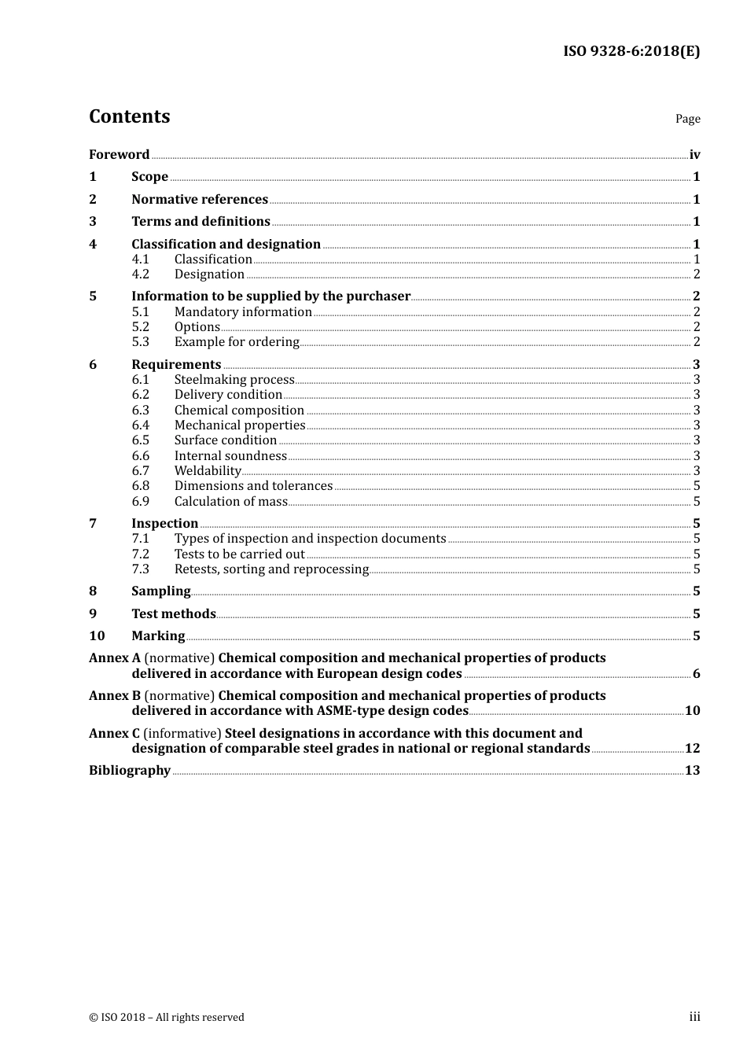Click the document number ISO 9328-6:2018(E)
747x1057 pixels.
pyautogui.click(x=631, y=52)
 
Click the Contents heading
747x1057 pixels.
pyautogui.click(x=130, y=116)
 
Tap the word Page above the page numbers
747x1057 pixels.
pyautogui.click(x=687, y=119)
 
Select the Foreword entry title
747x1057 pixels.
pyautogui.click(x=119, y=155)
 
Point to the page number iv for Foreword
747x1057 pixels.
pyautogui.click(x=694, y=155)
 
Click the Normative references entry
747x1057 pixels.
pyautogui.click(x=200, y=200)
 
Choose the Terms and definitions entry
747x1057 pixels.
pyautogui.click(x=201, y=222)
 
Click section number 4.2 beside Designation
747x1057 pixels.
pyautogui.click(x=140, y=274)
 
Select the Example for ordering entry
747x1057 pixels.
pyautogui.click(x=237, y=342)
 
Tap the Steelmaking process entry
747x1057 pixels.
pyautogui.click(x=234, y=380)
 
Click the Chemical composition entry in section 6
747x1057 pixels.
pyautogui.click(x=239, y=411)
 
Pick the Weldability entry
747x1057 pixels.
pyautogui.click(x=208, y=471)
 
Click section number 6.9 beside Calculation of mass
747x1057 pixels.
pyautogui.click(x=140, y=502)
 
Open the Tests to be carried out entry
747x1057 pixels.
pyautogui.click(x=239, y=554)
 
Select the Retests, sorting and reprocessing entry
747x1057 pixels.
pyautogui.click(x=271, y=569)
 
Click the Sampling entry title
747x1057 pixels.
pyautogui.click(x=161, y=591)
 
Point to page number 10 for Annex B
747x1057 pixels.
pyautogui.click(x=692, y=711)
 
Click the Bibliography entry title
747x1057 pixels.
pyautogui.click(x=130, y=771)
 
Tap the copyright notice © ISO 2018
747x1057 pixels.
pyautogui.click(x=167, y=1018)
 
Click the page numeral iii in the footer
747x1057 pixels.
pyautogui.click(x=694, y=1017)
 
